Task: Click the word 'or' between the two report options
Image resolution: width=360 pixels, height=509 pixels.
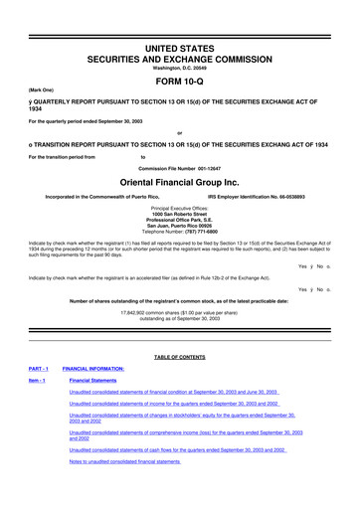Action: point(180,134)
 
